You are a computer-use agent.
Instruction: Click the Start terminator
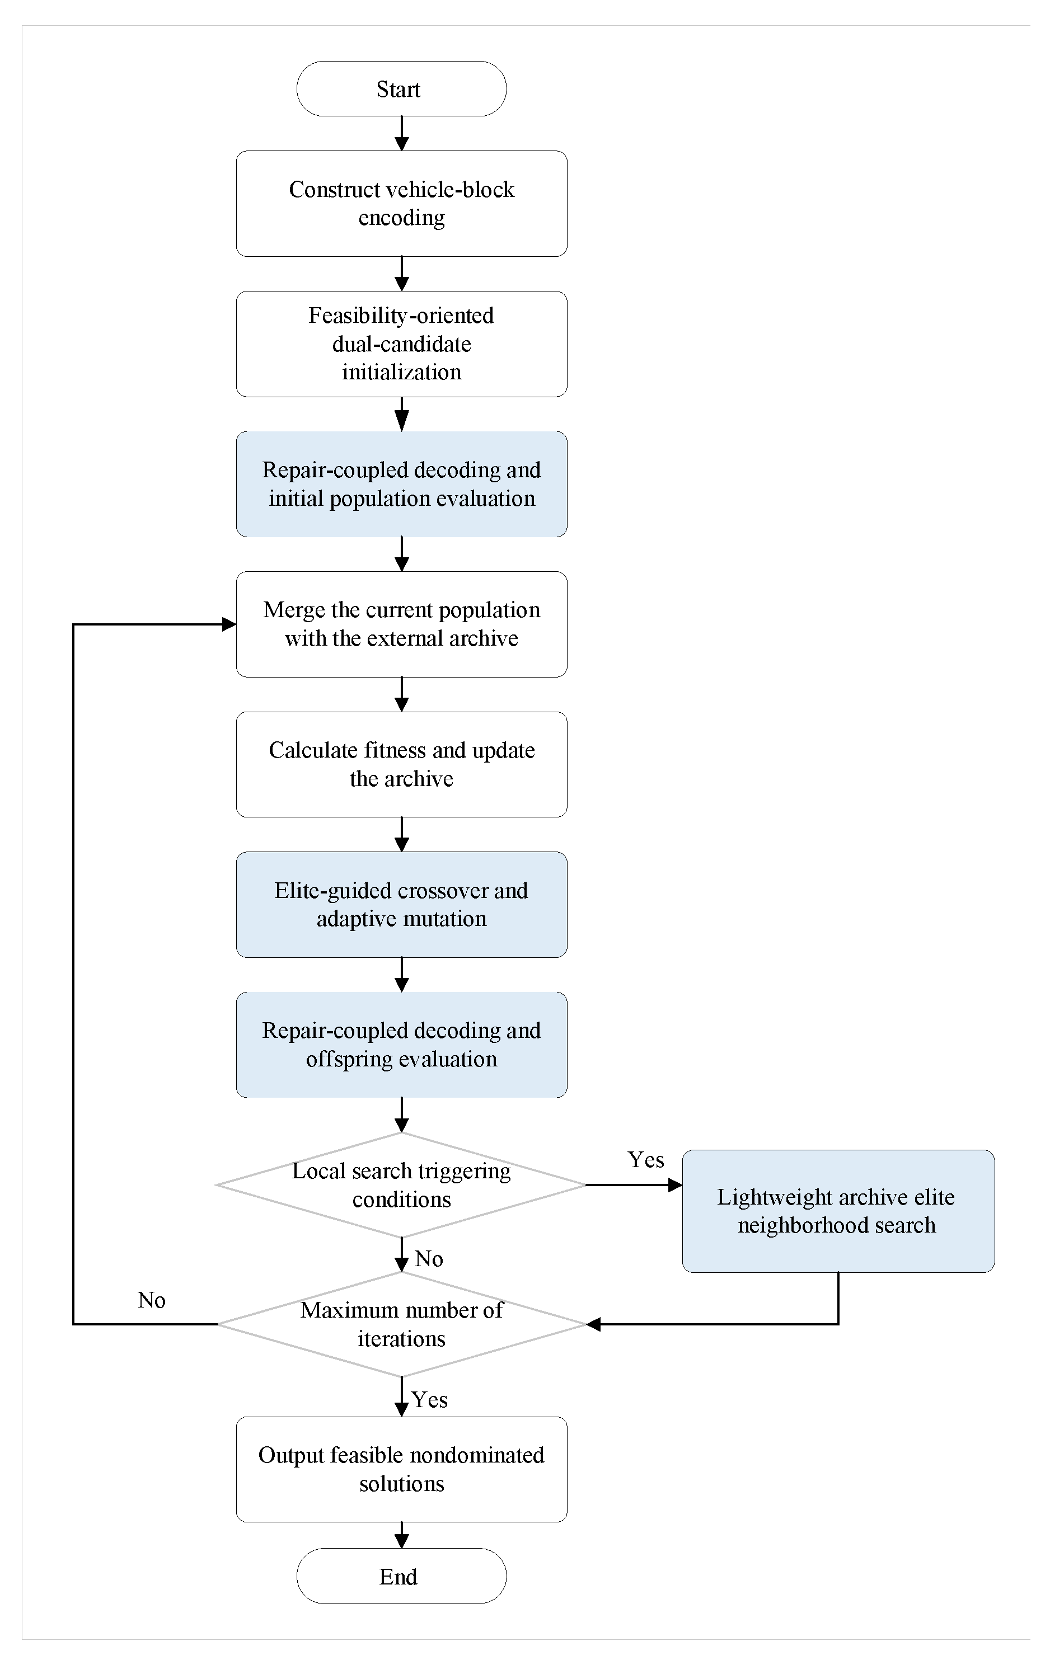pyautogui.click(x=401, y=89)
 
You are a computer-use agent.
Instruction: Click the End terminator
pyautogui.click(x=401, y=1576)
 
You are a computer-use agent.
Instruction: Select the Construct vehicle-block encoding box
pyautogui.click(x=401, y=204)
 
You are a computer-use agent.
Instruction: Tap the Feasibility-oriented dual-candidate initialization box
pyautogui.click(x=401, y=344)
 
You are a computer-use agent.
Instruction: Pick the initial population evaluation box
pyautogui.click(x=401, y=484)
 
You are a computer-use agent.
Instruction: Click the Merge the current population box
pyautogui.click(x=401, y=624)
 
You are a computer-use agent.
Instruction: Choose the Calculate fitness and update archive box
pyautogui.click(x=401, y=764)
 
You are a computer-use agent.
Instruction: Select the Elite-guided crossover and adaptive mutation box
pyautogui.click(x=401, y=905)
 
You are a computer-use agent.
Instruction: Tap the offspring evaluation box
pyautogui.click(x=401, y=1045)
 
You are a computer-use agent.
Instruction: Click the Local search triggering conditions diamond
pyautogui.click(x=401, y=1184)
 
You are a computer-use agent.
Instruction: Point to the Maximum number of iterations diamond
pyautogui.click(x=401, y=1324)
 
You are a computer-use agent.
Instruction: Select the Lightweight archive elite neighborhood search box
pyautogui.click(x=838, y=1211)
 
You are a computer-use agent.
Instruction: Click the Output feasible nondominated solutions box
pyautogui.click(x=401, y=1470)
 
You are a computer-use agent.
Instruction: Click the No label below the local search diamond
pyautogui.click(x=429, y=1259)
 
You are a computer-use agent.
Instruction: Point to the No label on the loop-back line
pyautogui.click(x=152, y=1300)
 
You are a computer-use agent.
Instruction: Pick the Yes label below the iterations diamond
pyautogui.click(x=429, y=1400)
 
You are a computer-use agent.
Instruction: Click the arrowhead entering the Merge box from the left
pyautogui.click(x=229, y=624)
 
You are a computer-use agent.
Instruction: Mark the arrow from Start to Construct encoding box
pyautogui.click(x=401, y=134)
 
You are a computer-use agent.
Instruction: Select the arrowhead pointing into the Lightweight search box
pyautogui.click(x=675, y=1185)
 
